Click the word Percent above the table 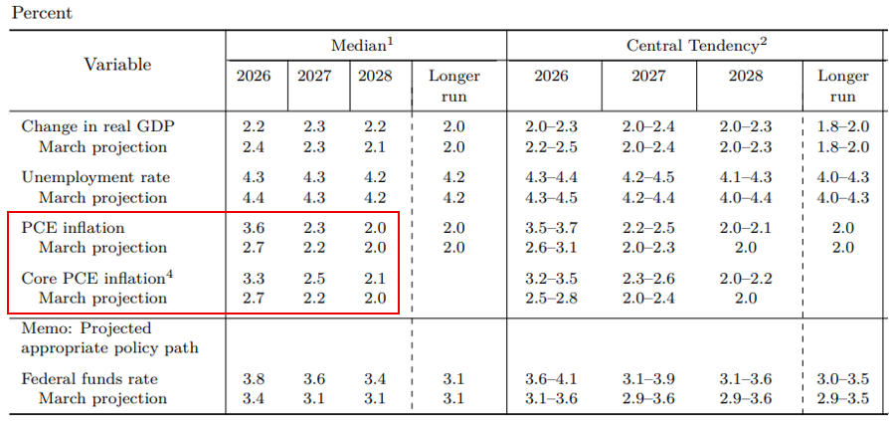[42, 14]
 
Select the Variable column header [118, 65]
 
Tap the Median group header [362, 46]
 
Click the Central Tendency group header [696, 46]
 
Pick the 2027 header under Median [314, 77]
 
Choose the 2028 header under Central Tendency [746, 77]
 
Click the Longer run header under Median [454, 87]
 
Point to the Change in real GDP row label [97, 127]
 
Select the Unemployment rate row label [95, 177]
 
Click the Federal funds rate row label [89, 379]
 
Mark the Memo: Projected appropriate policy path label [110, 337]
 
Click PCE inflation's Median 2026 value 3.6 [254, 228]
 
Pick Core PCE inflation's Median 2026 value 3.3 [254, 279]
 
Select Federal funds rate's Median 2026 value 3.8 [254, 379]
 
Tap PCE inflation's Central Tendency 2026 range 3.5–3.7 [551, 228]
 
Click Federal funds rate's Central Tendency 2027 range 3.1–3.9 [648, 379]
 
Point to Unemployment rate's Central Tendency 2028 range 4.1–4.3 [746, 177]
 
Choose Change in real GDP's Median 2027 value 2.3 [314, 127]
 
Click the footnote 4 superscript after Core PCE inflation [168, 275]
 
